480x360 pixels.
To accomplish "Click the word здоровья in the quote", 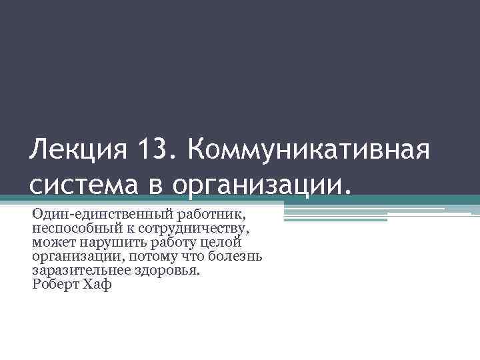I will (168, 271).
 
